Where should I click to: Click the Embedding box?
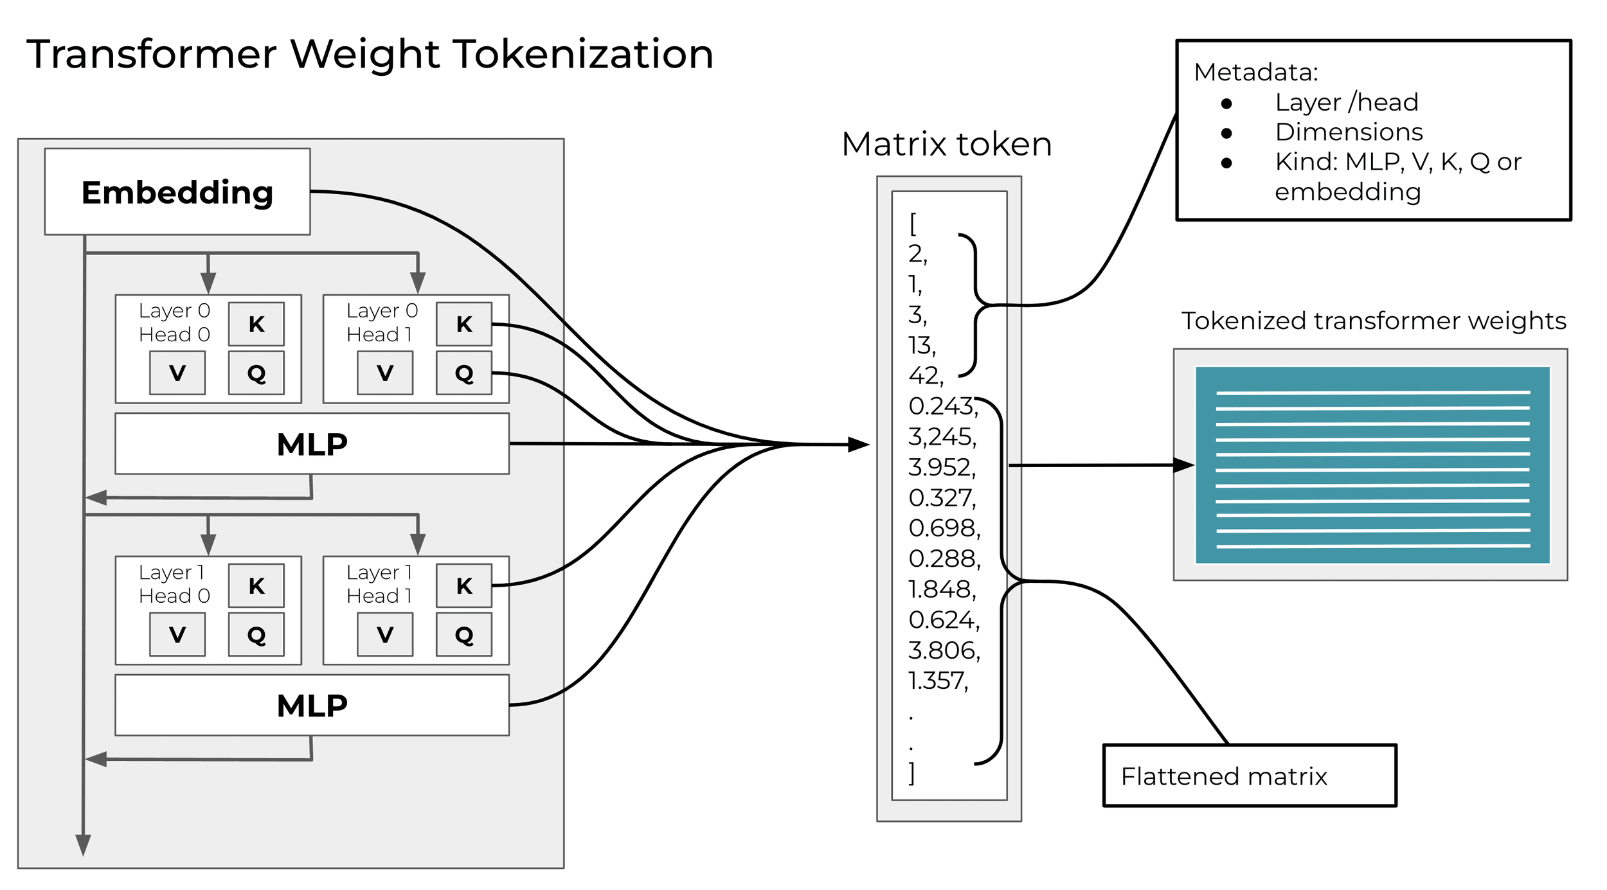(177, 192)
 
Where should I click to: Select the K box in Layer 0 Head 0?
(256, 324)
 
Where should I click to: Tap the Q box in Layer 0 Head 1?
(464, 373)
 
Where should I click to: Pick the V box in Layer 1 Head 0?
(177, 634)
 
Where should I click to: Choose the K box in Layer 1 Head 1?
(464, 585)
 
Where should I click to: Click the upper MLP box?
(312, 444)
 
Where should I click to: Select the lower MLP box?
(312, 706)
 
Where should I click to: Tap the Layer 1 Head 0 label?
(174, 584)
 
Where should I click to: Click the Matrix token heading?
(947, 144)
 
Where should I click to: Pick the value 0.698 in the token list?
(944, 528)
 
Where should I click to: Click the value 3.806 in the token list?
(944, 650)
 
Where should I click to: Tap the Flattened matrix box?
(1250, 776)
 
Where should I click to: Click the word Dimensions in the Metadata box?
(1349, 132)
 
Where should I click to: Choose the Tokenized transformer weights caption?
(1374, 321)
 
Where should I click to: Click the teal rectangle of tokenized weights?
(1372, 465)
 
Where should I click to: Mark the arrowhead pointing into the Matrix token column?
(859, 444)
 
